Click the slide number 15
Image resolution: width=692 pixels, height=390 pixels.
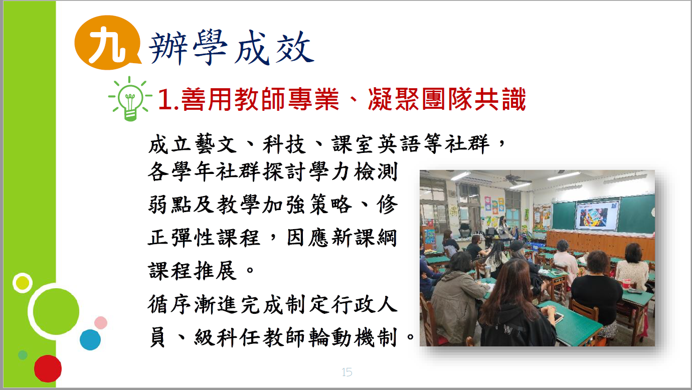pyautogui.click(x=347, y=372)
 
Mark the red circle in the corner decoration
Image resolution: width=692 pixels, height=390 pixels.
pyautogui.click(x=48, y=368)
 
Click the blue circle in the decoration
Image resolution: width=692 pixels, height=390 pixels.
pyautogui.click(x=90, y=339)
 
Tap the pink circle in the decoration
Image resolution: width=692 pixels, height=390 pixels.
pyautogui.click(x=101, y=323)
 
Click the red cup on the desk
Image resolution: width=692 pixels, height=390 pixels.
pyautogui.click(x=626, y=284)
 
